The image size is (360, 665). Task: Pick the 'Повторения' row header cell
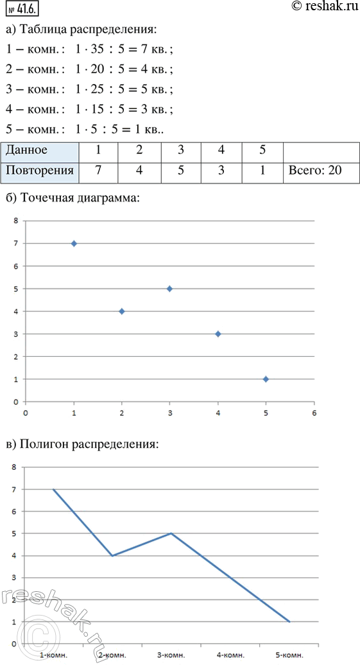point(39,171)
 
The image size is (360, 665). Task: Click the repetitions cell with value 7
point(97,171)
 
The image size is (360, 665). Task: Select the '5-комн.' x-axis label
point(290,655)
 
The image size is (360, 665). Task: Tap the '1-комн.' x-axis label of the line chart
point(53,655)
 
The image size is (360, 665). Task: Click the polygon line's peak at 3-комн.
point(172,533)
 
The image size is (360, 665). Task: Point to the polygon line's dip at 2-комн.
point(112,555)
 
